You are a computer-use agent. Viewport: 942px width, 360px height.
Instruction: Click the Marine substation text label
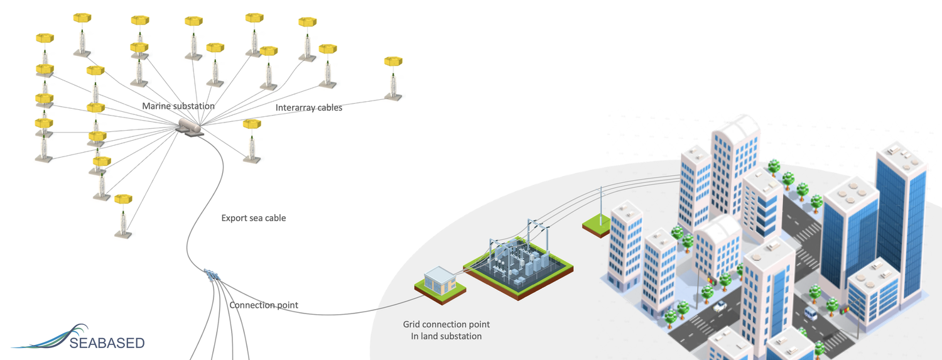(x=178, y=106)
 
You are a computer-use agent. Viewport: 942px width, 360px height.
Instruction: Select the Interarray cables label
(x=309, y=108)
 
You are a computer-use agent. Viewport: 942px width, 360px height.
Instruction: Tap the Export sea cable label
(x=254, y=219)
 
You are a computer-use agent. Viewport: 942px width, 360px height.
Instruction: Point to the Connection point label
(x=264, y=305)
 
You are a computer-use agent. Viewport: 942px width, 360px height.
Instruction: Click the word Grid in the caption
(x=413, y=325)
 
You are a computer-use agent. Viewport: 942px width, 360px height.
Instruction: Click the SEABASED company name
(x=107, y=343)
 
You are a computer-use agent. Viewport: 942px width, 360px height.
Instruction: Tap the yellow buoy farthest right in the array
(x=393, y=62)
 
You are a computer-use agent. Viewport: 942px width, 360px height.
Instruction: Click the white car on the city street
(x=720, y=306)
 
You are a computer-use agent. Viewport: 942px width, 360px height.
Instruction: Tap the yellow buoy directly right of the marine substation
(x=252, y=124)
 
